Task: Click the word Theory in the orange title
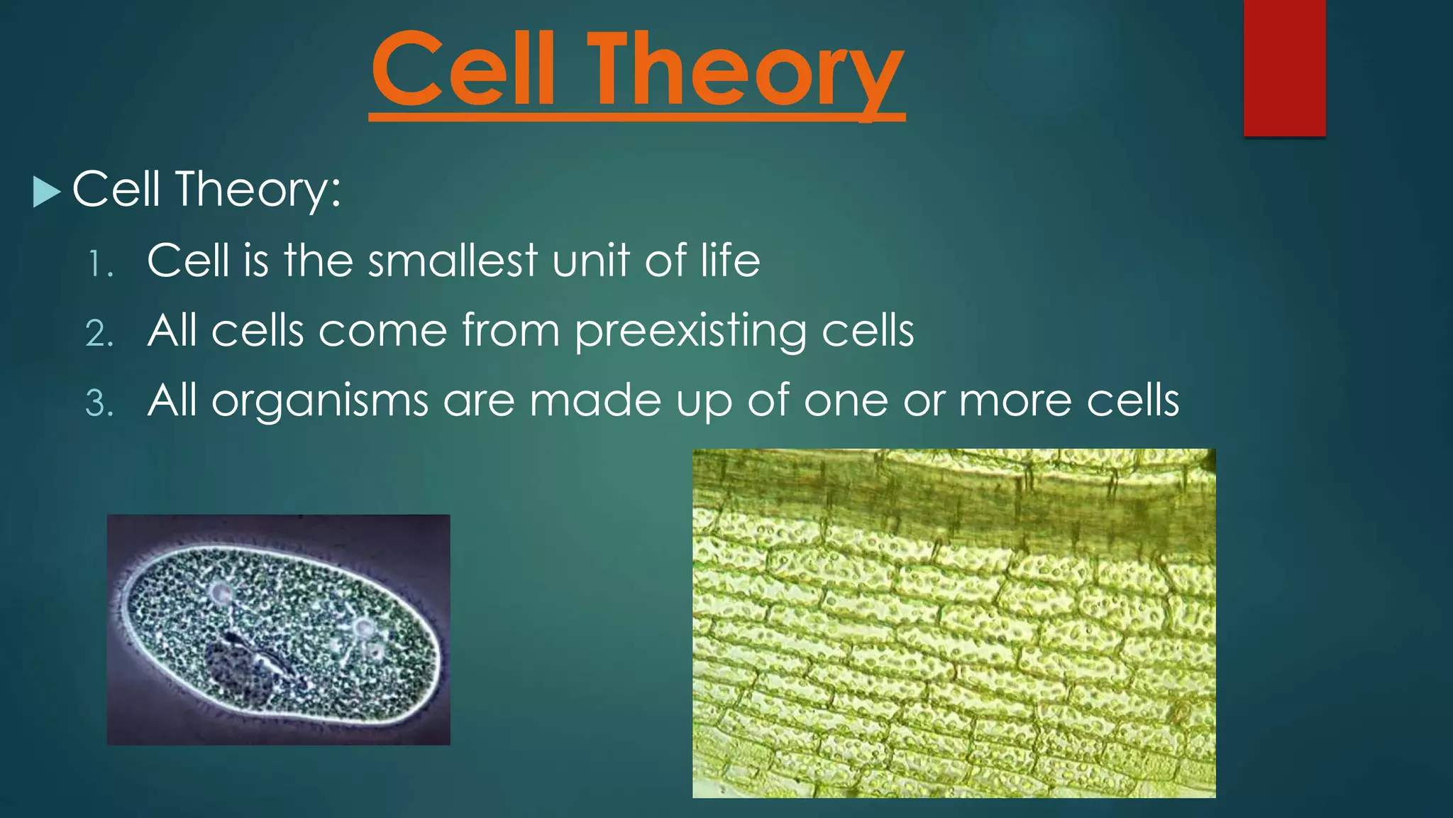745,71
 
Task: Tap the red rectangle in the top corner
1284,67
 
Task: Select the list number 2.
99,334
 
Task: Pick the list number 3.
99,404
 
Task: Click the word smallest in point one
453,260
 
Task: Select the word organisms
320,402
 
